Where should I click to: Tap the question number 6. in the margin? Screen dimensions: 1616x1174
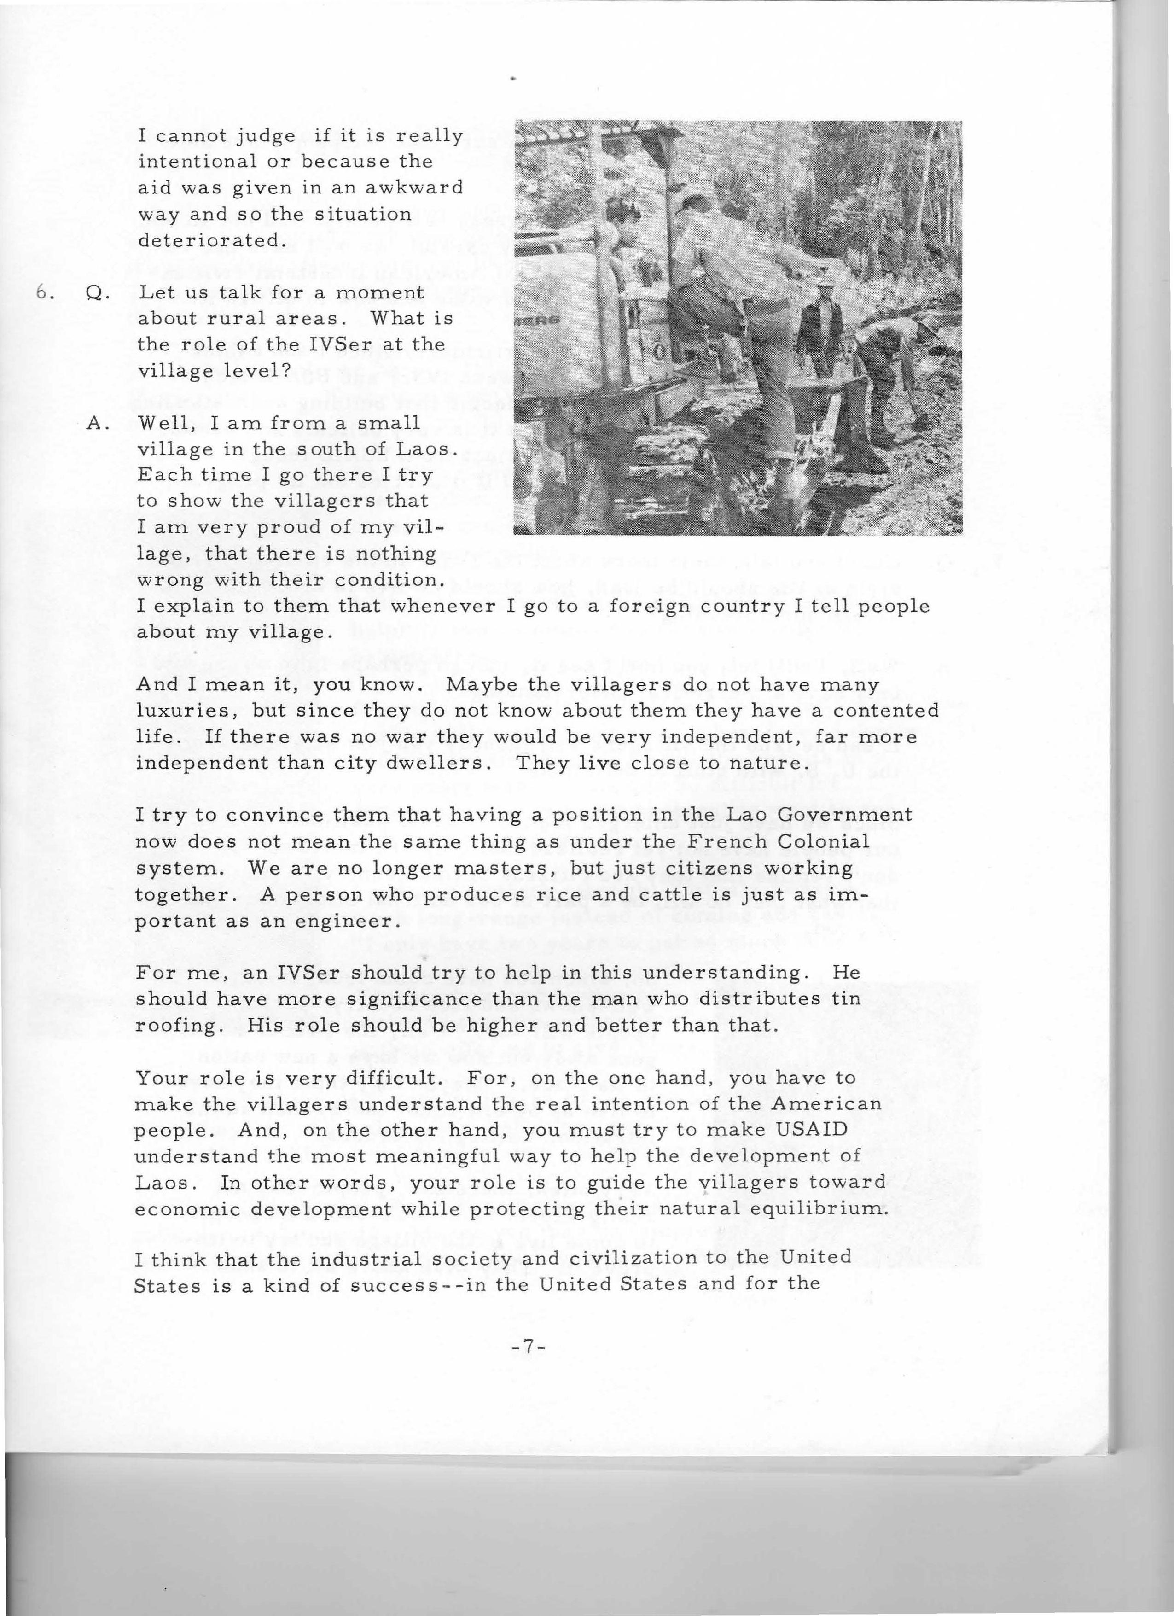tap(46, 293)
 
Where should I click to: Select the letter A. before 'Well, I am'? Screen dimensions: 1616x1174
tap(97, 423)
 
